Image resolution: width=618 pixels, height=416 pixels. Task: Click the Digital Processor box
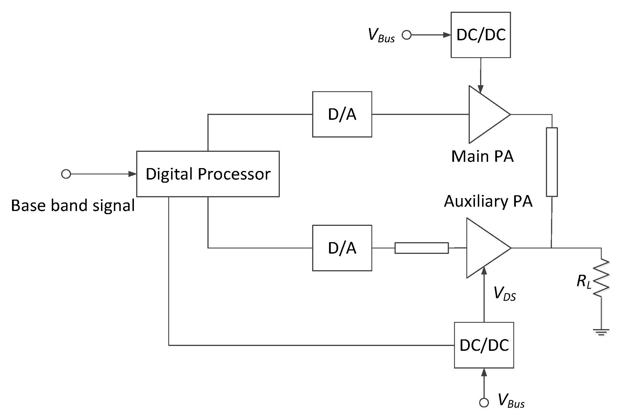[208, 174]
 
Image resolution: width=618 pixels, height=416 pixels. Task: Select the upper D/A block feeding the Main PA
[342, 114]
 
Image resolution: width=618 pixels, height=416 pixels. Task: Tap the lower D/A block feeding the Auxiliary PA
[342, 248]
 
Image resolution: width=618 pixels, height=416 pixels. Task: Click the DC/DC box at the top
[481, 35]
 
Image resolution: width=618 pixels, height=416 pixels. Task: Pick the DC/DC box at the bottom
[484, 345]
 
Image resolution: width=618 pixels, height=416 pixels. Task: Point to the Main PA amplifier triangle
[485, 114]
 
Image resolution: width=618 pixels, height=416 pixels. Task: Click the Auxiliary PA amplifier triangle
[484, 248]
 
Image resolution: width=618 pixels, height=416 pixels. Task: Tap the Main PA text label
[482, 156]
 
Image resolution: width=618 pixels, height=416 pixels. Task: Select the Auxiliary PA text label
[488, 201]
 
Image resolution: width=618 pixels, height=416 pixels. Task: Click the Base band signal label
[73, 206]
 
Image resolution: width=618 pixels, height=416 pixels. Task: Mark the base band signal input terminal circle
[66, 174]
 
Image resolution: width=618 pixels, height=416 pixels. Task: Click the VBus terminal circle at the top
[406, 35]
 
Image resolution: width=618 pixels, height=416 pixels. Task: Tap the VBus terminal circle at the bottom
[484, 403]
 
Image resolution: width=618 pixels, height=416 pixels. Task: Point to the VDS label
[504, 294]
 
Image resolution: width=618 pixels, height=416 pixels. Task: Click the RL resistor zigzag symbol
[601, 277]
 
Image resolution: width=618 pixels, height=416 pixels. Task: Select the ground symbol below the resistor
[601, 332]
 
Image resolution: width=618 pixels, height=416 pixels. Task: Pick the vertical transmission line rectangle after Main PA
[552, 162]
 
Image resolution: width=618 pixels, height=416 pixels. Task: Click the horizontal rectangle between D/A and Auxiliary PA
[421, 248]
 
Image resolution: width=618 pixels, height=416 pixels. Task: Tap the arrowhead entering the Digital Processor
[132, 174]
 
